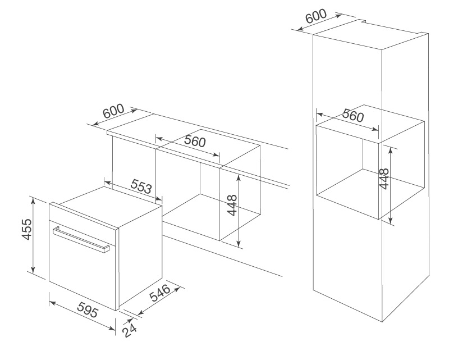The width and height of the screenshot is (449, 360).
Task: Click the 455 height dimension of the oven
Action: [x=26, y=229]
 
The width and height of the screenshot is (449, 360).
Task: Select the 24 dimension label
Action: [x=130, y=330]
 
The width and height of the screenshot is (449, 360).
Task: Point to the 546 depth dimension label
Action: [x=161, y=293]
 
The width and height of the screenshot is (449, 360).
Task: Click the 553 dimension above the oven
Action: [x=141, y=186]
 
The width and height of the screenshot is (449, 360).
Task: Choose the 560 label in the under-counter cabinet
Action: [x=195, y=141]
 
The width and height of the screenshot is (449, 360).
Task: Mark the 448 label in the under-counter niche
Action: [x=232, y=205]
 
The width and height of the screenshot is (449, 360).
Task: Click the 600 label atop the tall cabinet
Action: [x=316, y=16]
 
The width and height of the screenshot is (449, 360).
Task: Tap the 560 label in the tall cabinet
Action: [x=353, y=115]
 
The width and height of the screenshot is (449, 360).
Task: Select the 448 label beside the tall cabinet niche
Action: [x=384, y=179]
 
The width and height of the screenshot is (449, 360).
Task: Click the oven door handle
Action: [x=81, y=239]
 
